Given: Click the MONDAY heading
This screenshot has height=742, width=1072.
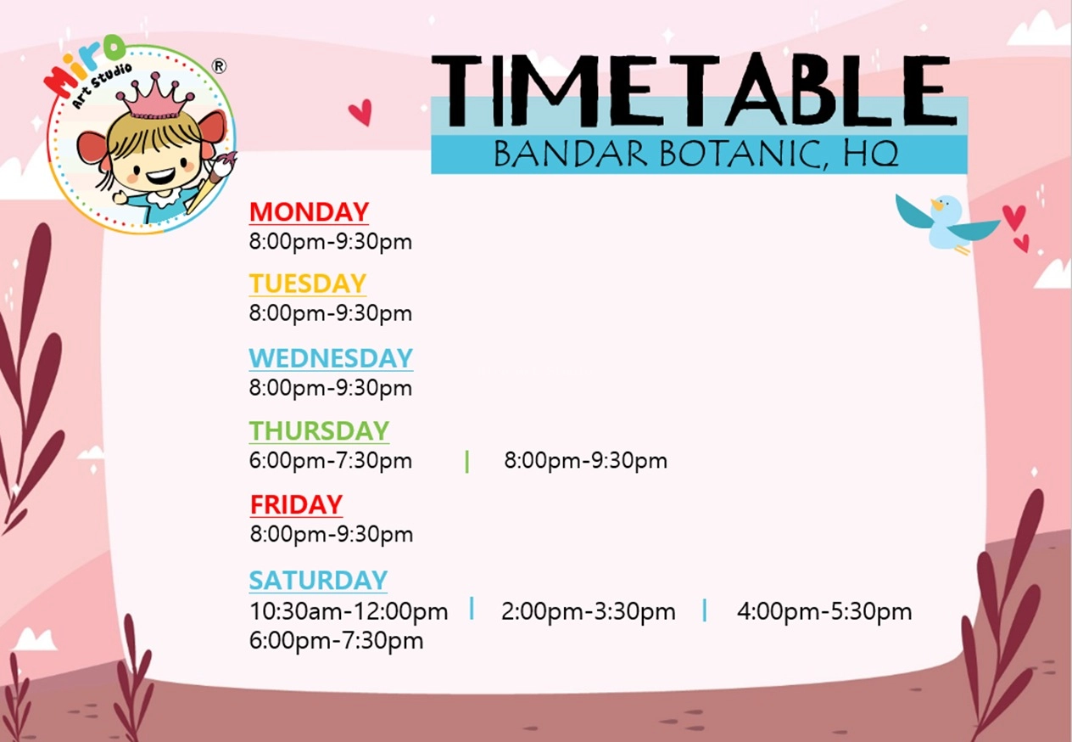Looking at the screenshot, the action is tap(310, 211).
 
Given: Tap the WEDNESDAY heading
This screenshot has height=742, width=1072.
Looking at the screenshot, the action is tap(331, 357).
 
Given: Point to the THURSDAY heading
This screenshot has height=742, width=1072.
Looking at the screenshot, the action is tap(319, 430).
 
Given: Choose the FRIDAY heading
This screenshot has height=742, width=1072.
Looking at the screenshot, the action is tap(296, 504).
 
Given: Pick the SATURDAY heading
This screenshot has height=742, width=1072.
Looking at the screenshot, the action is tap(318, 580).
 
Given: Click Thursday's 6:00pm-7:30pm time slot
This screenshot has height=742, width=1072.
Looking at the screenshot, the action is tap(330, 460).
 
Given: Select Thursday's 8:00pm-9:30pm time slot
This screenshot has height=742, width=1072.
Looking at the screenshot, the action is tap(585, 460).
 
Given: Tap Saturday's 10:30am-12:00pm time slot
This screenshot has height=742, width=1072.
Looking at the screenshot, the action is tap(349, 611).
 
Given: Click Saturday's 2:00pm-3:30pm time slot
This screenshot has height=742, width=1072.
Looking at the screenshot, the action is tap(589, 611).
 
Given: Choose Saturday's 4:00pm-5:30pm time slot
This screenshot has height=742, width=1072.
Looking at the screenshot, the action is tap(824, 611).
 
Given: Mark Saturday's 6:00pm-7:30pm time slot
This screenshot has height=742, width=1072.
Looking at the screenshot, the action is tap(336, 640).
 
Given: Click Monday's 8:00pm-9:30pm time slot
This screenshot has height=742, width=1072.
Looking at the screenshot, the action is tap(330, 241).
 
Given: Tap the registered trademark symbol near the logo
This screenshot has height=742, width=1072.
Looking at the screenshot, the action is tap(219, 66).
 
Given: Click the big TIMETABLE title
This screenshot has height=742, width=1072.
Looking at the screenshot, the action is tap(693, 91).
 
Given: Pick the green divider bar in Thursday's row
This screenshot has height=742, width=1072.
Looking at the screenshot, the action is tap(466, 461).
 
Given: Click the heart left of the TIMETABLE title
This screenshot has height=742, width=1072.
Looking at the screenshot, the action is tap(360, 112).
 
